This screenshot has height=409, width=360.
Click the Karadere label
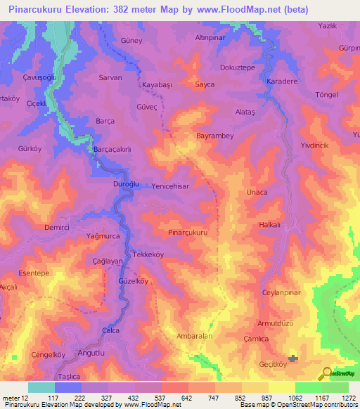tap(282, 82)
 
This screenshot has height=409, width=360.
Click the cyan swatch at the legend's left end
tap(41, 387)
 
